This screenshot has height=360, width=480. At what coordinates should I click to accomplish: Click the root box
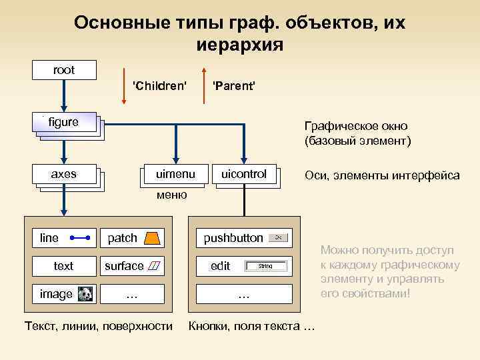tap(65, 70)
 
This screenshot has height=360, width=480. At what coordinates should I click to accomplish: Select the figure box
tap(65, 122)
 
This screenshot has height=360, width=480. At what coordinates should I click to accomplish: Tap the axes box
tap(65, 174)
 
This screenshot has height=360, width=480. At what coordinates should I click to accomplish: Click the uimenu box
tap(175, 174)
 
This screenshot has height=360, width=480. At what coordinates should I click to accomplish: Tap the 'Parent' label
tap(233, 86)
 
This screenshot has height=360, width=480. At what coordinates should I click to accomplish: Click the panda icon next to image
tap(85, 294)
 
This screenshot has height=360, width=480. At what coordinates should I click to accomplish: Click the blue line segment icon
tap(79, 237)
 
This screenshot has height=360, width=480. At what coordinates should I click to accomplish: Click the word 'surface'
tap(124, 266)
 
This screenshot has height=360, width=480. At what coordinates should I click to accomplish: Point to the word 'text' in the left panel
tap(63, 266)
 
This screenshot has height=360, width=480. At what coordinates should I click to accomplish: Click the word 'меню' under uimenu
tap(171, 195)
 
